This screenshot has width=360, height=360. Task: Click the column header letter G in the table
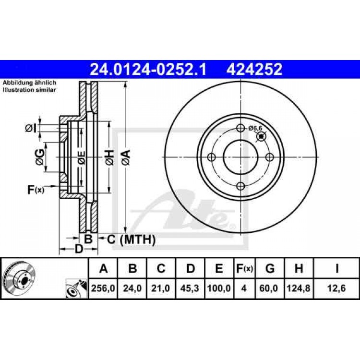(270, 269)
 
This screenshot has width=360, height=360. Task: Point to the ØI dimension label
(30, 128)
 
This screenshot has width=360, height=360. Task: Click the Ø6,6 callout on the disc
(255, 128)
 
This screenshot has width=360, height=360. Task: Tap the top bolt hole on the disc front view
(241, 128)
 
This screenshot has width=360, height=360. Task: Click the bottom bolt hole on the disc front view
(241, 186)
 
